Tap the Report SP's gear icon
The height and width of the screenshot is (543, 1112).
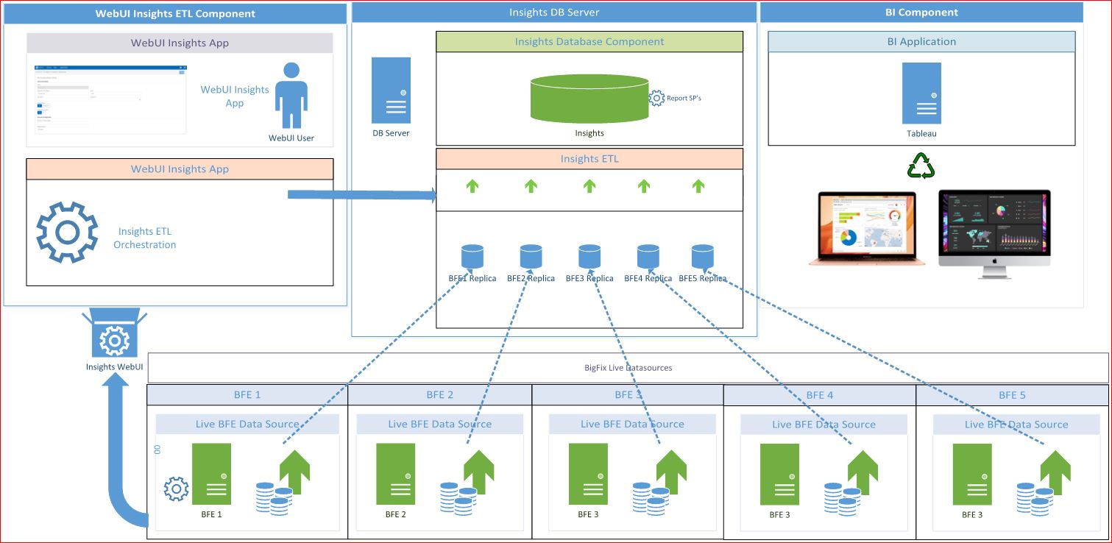pyautogui.click(x=656, y=98)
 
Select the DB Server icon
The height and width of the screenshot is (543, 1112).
pyautogui.click(x=391, y=90)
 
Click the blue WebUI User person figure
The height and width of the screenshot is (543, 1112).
pyautogui.click(x=291, y=96)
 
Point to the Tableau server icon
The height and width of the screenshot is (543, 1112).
pyautogui.click(x=921, y=93)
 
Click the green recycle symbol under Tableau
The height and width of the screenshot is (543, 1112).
pyautogui.click(x=921, y=166)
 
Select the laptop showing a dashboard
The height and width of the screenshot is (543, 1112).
pyautogui.click(x=862, y=228)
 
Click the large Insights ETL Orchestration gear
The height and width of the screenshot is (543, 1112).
pyautogui.click(x=67, y=232)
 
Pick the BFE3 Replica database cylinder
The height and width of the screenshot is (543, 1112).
pyautogui.click(x=589, y=256)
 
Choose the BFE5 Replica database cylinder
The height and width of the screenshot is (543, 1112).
pyautogui.click(x=703, y=256)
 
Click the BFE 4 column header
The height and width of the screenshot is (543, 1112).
pyautogui.click(x=820, y=395)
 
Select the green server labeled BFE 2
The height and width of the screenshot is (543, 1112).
pyautogui.click(x=395, y=474)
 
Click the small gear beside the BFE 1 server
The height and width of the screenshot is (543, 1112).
pyautogui.click(x=177, y=489)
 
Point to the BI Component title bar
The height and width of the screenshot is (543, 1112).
pyautogui.click(x=921, y=13)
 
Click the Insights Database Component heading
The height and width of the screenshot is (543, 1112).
pyautogui.click(x=589, y=42)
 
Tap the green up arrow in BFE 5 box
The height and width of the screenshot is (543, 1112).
pyautogui.click(x=1055, y=472)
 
